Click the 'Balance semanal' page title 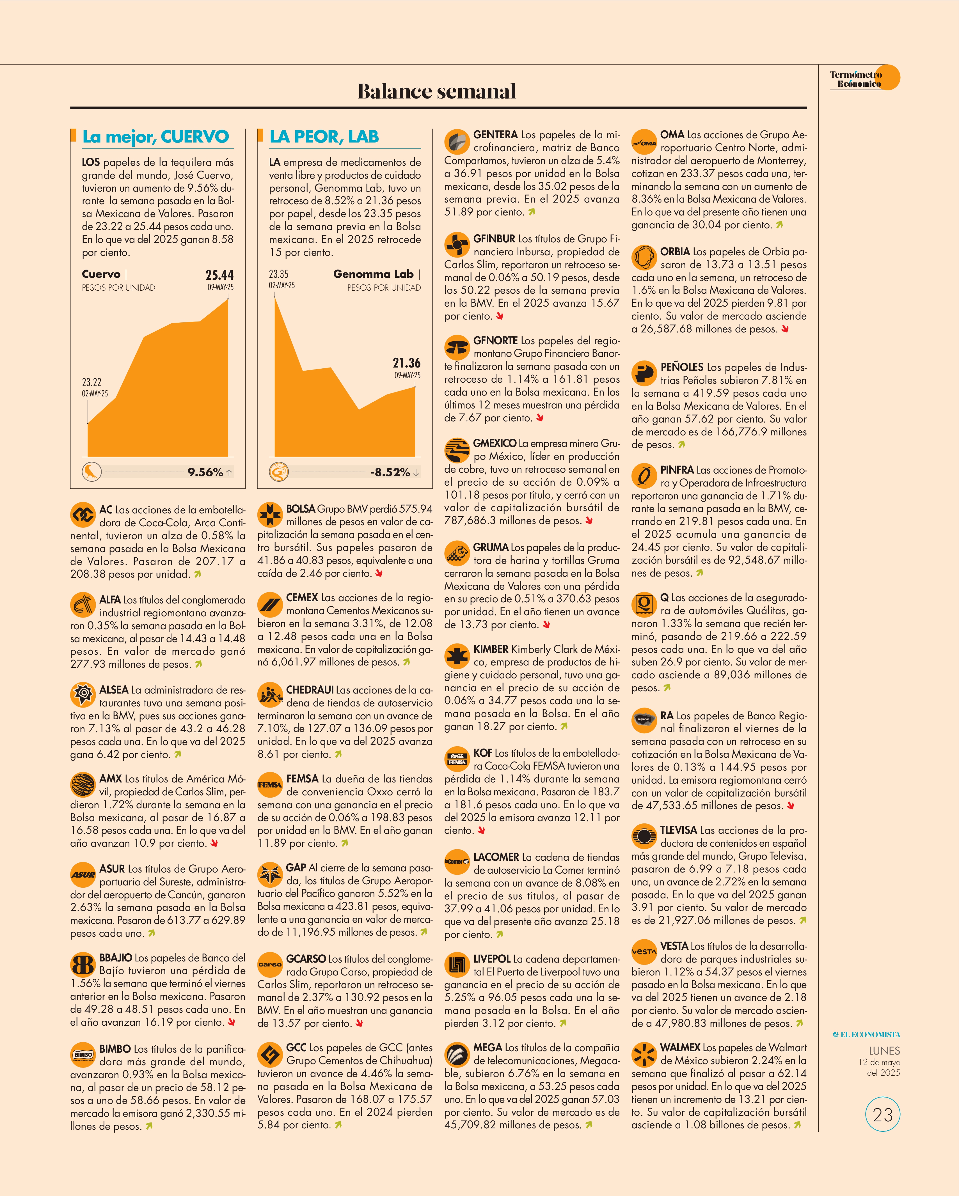pos(437,91)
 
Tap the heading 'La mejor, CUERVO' pos(155,136)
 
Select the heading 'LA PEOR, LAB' pos(324,136)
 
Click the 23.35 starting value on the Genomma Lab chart pos(279,274)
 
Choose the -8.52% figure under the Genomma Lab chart pos(390,472)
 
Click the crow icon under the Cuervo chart pos(91,472)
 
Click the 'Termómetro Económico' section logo pos(864,79)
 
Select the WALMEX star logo pos(644,1055)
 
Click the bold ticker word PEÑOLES pos(681,367)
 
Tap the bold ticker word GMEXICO pos(495,443)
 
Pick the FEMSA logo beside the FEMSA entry pos(270,784)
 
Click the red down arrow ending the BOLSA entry pos(379,573)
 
